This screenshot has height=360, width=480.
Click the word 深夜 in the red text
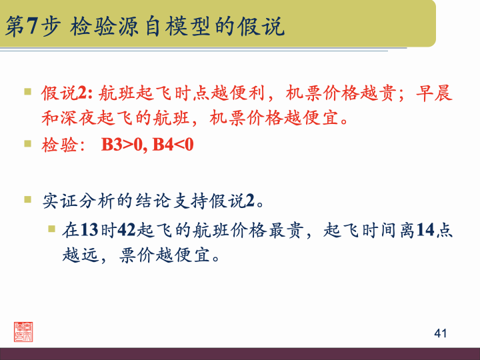coord(86,119)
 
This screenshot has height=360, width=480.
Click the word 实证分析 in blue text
coord(77,200)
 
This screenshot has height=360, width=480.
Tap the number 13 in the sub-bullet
coord(89,231)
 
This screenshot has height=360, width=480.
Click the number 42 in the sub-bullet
coord(127,231)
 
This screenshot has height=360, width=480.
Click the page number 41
coord(440,333)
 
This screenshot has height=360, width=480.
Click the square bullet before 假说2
coord(28,91)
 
